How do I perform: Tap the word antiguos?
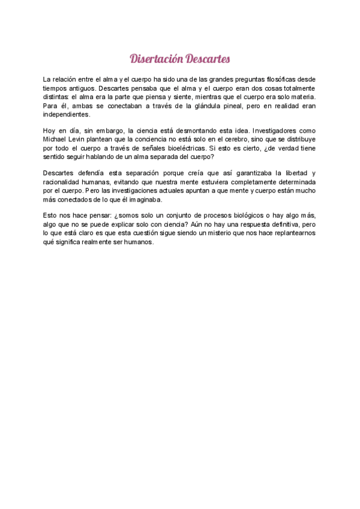coord(80,88)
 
